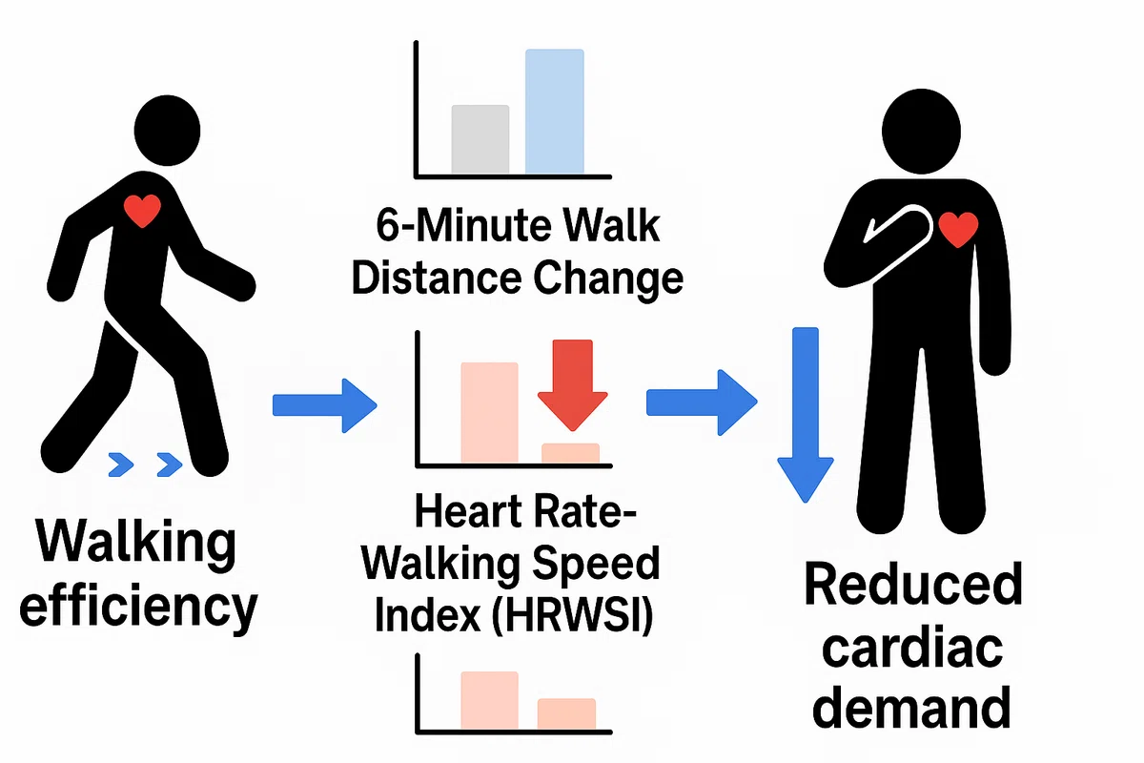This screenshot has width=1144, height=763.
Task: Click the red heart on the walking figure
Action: pos(142,211)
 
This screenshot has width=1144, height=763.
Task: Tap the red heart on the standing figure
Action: pos(959,230)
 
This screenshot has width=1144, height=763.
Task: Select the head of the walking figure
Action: pos(167,131)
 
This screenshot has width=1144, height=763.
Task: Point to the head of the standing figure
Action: pos(921,132)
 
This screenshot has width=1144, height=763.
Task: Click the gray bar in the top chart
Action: pos(480,139)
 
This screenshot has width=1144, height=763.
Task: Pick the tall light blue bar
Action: pos(555,112)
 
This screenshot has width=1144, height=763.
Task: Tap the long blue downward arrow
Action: pos(806,415)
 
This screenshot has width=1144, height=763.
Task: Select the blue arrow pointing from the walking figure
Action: pos(325,405)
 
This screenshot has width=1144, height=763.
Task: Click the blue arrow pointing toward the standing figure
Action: pos(702,402)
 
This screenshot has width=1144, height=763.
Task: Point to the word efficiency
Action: pos(138,607)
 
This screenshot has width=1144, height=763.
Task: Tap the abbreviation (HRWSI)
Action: pos(572,614)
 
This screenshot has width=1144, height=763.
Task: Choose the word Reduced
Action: pos(913,584)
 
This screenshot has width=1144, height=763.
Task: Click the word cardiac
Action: pos(912,647)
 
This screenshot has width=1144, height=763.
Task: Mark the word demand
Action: pos(911,707)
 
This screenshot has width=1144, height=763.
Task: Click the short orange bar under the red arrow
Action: pos(570,453)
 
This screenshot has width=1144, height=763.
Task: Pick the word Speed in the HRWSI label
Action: pos(596,564)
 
